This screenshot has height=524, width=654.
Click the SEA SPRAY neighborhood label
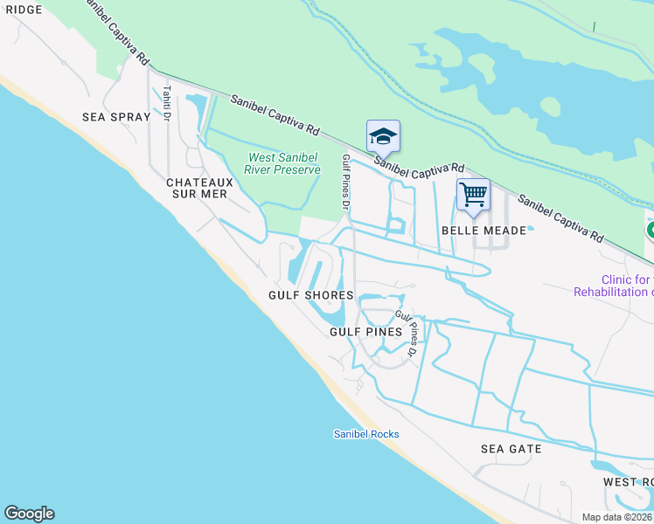click(x=116, y=116)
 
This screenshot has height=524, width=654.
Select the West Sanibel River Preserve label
click(x=282, y=163)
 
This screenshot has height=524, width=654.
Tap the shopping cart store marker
click(x=473, y=196)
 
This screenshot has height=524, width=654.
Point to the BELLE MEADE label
click(x=484, y=231)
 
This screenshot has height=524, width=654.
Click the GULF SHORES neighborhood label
click(x=310, y=296)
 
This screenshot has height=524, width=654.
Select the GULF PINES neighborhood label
click(x=365, y=332)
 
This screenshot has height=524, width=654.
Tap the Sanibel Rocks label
click(x=365, y=434)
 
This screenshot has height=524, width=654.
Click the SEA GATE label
click(x=511, y=449)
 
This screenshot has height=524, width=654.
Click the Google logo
click(x=29, y=514)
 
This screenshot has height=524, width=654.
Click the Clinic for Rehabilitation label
click(x=614, y=286)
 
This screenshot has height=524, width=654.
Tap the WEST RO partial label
click(x=628, y=482)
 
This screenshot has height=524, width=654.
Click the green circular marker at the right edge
click(x=650, y=231)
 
